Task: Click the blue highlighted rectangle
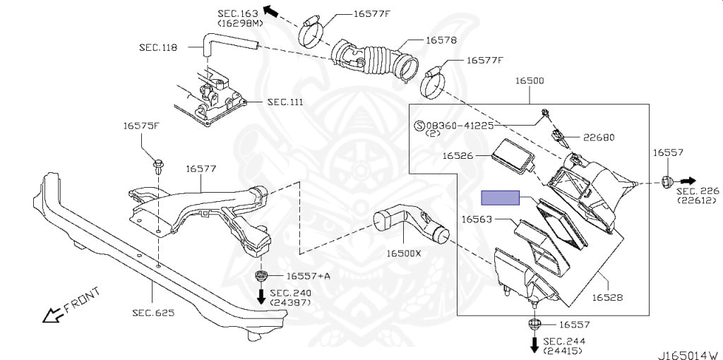[500, 198]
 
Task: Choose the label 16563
[477, 219]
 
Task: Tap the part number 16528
[607, 298]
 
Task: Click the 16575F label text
[142, 126]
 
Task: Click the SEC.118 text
[158, 47]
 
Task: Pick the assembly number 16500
[529, 81]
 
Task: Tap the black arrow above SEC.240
[261, 295]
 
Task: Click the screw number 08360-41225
[463, 125]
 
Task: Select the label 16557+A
[308, 275]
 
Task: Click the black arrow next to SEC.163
[270, 11]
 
